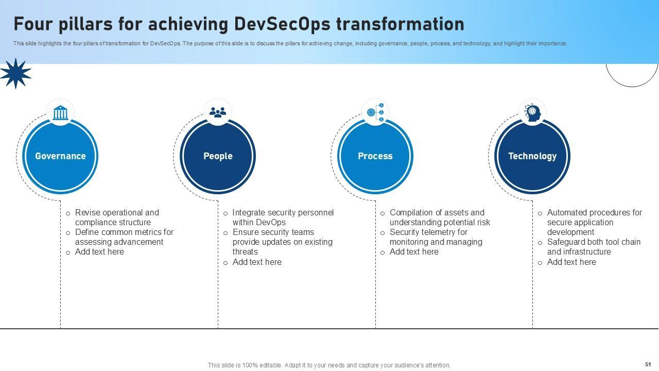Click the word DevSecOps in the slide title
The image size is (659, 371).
click(282, 24)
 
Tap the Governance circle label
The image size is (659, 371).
click(60, 156)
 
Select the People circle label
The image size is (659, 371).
click(218, 156)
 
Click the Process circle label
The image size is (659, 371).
click(375, 156)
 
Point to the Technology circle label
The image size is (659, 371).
click(532, 156)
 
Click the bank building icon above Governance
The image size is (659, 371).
click(60, 112)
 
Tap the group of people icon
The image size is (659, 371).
click(218, 112)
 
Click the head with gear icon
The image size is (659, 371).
click(532, 113)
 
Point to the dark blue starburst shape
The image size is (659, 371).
click(15, 73)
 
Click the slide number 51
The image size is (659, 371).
click(648, 364)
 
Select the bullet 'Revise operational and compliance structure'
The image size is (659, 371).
click(117, 217)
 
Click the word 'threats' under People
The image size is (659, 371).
click(245, 252)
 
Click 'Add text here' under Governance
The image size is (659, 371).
click(99, 252)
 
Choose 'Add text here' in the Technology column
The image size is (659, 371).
click(571, 262)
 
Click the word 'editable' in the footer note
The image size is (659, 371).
click(270, 365)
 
